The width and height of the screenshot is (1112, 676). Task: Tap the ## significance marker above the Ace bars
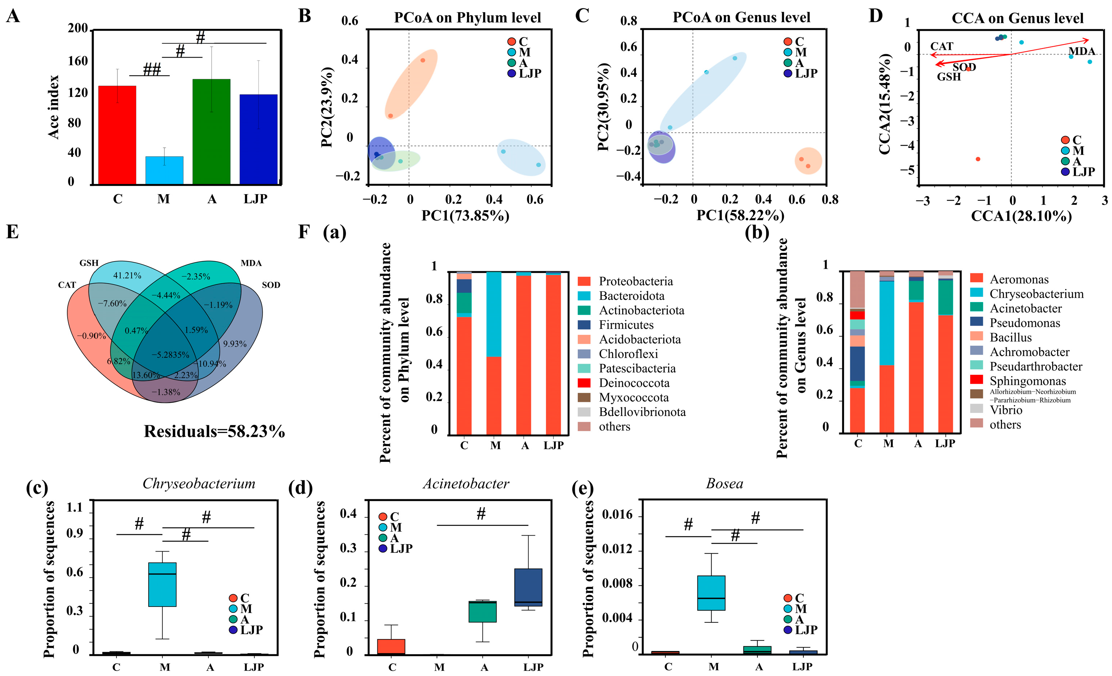coord(152,69)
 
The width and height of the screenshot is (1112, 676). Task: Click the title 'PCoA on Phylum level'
coord(467,18)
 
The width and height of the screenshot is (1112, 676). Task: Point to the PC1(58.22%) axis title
coord(740,215)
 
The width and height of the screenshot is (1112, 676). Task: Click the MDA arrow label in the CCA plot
coord(1081,51)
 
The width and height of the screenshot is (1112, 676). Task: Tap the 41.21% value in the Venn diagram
coord(127,275)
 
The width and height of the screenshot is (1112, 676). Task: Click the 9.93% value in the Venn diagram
coord(235,344)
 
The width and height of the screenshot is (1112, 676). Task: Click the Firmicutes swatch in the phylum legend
coord(584,325)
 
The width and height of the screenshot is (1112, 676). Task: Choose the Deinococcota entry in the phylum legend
coord(634,383)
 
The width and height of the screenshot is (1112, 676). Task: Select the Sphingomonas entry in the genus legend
coord(1027,381)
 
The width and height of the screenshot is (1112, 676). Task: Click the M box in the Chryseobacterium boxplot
coord(162,584)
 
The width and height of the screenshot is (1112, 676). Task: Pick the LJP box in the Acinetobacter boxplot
coord(528,587)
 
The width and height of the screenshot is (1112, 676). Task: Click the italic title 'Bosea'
coord(724,484)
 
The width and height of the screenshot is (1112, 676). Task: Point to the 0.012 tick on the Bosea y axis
coord(617,550)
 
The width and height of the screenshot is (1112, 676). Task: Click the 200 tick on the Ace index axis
coord(78,29)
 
